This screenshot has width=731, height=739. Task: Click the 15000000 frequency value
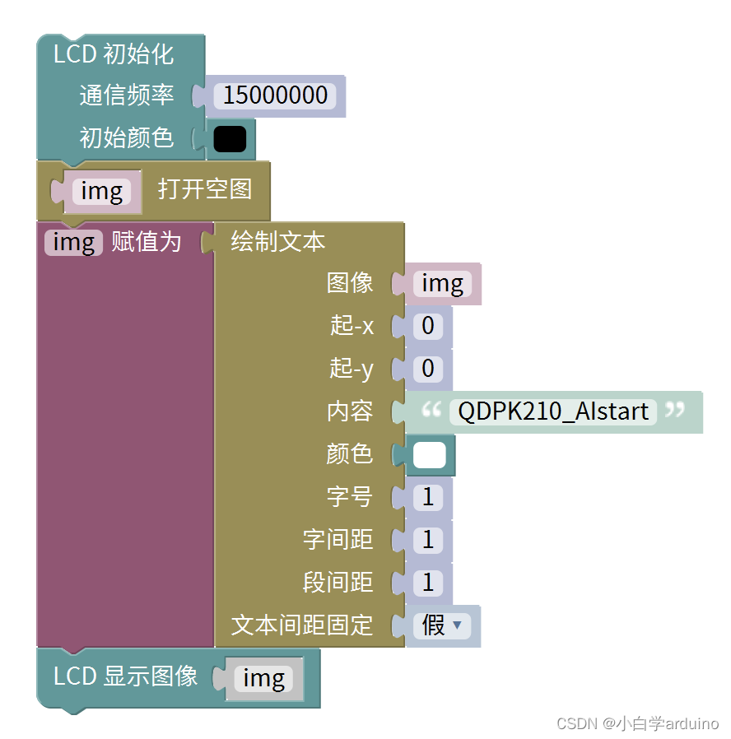[x=275, y=95]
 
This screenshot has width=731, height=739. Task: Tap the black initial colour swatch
[x=230, y=138]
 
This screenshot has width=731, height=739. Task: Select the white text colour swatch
[x=429, y=455]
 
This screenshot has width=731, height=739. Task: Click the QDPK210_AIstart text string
[x=553, y=411]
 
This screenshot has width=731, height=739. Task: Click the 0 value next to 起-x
[x=427, y=326]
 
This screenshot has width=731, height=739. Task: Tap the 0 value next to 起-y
[x=427, y=368]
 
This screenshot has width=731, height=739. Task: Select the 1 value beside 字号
[x=427, y=497]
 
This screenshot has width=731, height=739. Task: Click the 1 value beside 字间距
[x=427, y=540]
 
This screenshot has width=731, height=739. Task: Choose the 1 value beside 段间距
[x=427, y=583]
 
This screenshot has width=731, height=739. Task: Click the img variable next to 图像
[x=442, y=284]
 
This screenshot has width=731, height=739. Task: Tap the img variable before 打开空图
[x=102, y=192]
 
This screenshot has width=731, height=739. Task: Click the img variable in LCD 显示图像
[x=263, y=678]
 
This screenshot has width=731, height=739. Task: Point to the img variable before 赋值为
[x=74, y=242]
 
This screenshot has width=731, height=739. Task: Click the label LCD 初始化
[x=114, y=54]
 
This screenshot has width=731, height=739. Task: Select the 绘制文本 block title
[x=277, y=242]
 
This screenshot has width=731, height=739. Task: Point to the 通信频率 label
[x=127, y=95]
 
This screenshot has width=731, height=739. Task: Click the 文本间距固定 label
[x=302, y=625]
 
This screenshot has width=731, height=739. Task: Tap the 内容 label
[x=350, y=411]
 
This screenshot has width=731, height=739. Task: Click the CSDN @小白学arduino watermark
[x=637, y=723]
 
